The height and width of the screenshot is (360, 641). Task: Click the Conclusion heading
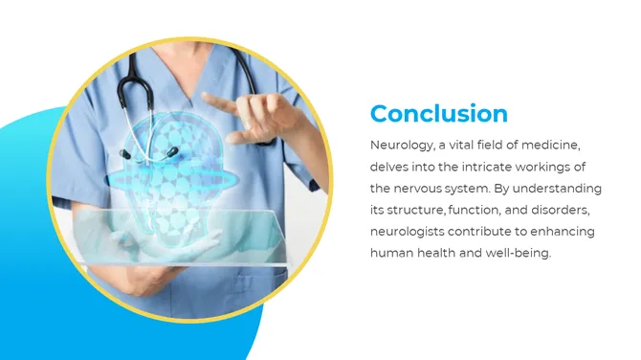[x=438, y=114]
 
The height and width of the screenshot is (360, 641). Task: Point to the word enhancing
[x=565, y=232]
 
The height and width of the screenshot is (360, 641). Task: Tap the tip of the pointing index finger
[x=207, y=97]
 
